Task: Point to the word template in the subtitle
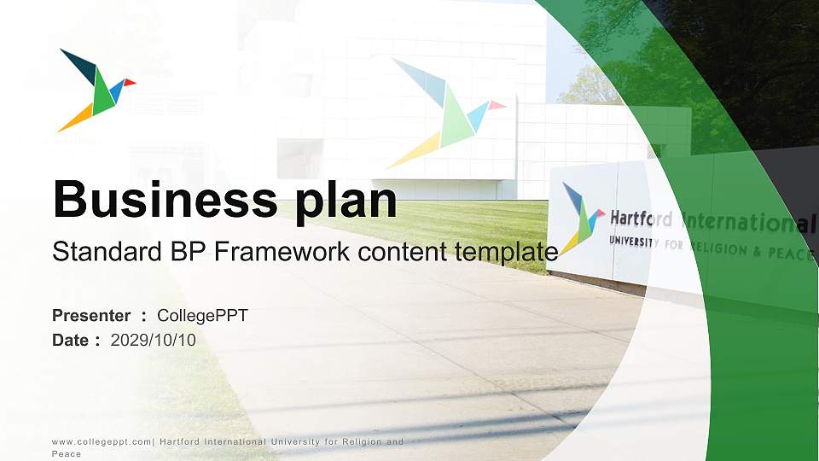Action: click(x=507, y=252)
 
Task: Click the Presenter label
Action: click(x=91, y=316)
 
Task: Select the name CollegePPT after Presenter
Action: click(x=202, y=316)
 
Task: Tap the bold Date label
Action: click(x=72, y=340)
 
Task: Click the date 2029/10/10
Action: click(x=154, y=340)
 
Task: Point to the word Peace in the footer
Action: click(x=67, y=454)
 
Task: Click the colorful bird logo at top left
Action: click(x=95, y=90)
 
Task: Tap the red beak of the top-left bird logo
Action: click(x=130, y=83)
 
